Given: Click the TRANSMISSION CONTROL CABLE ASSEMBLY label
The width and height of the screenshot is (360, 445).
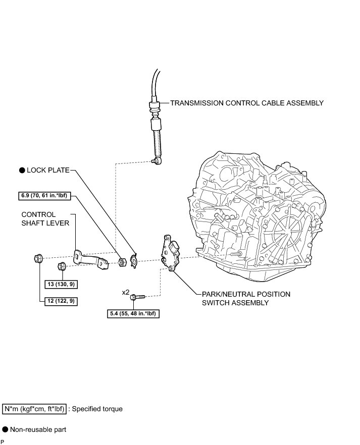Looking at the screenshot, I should [246, 103].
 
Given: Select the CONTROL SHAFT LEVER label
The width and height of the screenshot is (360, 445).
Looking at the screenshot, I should [45, 219].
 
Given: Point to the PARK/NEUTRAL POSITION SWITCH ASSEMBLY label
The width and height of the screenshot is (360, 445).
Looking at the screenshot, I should [245, 298].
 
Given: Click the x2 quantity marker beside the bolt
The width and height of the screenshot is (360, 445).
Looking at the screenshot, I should [125, 292].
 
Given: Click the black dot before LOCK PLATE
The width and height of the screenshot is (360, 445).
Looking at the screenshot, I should [22, 171].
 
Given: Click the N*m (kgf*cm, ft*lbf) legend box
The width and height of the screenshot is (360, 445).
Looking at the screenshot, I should [34, 409].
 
